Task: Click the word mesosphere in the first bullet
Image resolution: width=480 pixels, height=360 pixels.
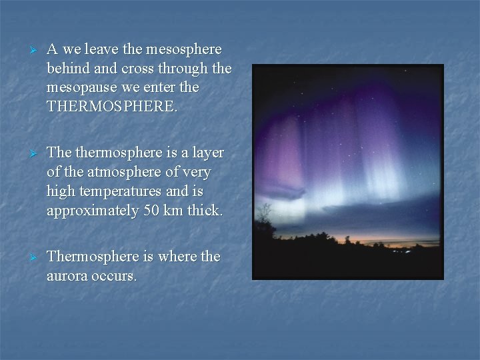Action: tap(183, 50)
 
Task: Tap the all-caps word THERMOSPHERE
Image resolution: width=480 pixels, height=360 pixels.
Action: tap(112, 107)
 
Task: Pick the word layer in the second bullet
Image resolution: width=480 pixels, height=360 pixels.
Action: tap(207, 153)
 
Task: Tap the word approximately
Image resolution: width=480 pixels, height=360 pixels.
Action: tap(89, 211)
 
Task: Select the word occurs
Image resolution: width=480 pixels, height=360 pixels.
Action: tap(116, 275)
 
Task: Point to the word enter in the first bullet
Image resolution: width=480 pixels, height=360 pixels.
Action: tap(179, 87)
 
